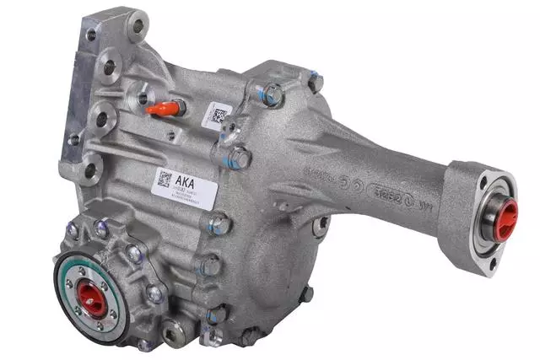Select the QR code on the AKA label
point(164,179)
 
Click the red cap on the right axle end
point(505,221)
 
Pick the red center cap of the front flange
point(92,296)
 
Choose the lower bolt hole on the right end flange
point(493,263)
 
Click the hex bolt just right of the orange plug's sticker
point(240,157)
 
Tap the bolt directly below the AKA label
point(219,223)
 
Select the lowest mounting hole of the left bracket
point(91,171)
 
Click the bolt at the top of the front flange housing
point(102,228)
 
